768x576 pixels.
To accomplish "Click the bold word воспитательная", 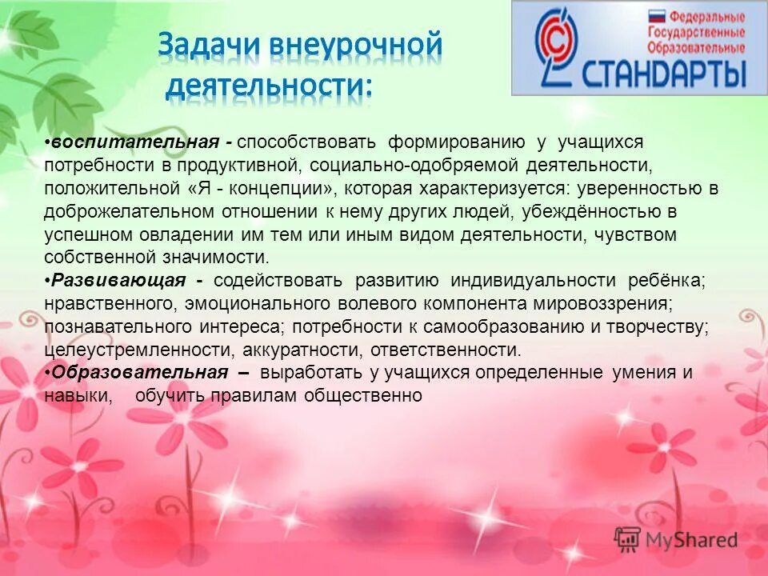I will [135, 142].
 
